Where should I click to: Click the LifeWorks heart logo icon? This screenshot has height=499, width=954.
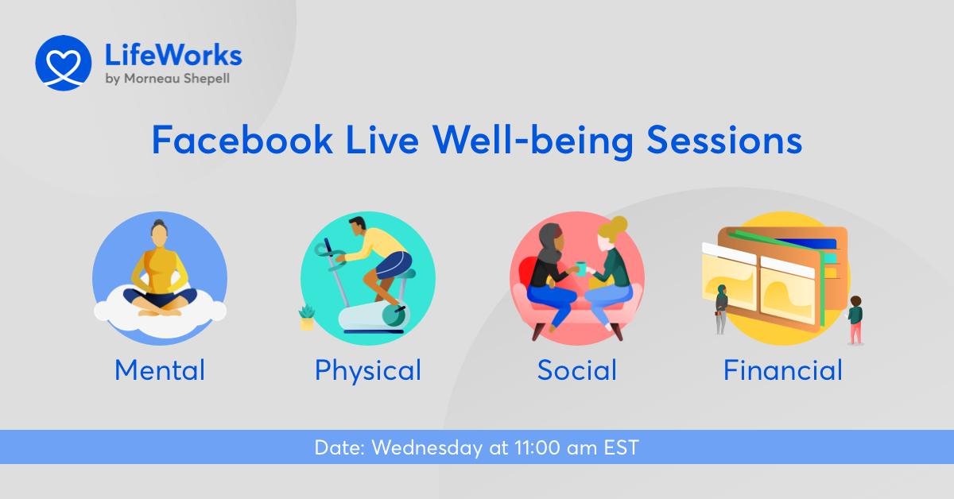[x=64, y=63]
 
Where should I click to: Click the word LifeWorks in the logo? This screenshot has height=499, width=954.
[x=173, y=55]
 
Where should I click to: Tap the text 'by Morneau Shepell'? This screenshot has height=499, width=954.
[x=167, y=79]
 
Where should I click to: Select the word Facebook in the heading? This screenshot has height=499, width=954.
[x=242, y=141]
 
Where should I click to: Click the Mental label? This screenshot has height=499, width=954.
[x=160, y=370]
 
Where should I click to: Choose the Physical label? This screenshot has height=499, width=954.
[x=367, y=370]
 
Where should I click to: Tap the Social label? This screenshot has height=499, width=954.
[x=576, y=370]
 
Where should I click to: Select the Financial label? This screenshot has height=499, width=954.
[x=782, y=370]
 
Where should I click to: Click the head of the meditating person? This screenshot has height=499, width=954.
[x=159, y=235]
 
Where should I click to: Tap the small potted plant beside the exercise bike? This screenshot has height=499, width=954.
[x=306, y=317]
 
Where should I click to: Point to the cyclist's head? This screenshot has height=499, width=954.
[x=357, y=226]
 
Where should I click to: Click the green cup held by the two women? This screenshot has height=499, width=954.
[x=581, y=268]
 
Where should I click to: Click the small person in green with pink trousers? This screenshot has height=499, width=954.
[x=855, y=319]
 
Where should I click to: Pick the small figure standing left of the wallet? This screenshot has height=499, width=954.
[x=721, y=308]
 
